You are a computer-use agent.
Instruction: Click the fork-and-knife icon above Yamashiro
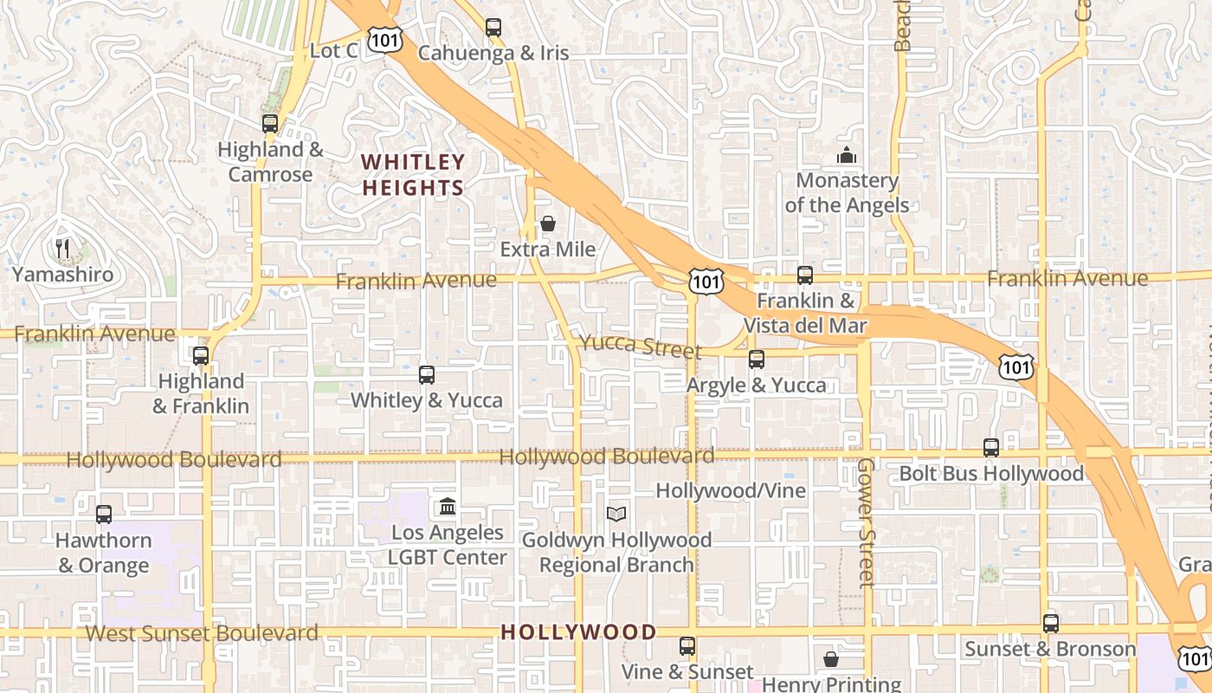point(61,249)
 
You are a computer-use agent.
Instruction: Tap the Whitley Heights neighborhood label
point(413,175)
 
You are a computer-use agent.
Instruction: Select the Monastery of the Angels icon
point(846,156)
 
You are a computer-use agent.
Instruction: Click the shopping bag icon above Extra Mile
point(547,224)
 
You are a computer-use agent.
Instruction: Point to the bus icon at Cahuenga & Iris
point(493,28)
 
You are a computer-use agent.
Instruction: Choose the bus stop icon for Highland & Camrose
point(270,124)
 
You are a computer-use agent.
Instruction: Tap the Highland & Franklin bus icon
point(201,356)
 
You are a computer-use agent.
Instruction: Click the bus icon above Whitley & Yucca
point(426,375)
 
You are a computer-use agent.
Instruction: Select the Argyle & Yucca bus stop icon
point(757,359)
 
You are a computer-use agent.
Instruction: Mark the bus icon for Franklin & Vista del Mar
point(805,275)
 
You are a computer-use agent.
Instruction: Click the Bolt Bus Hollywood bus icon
point(991,448)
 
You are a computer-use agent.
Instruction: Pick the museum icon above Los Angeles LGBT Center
point(448,507)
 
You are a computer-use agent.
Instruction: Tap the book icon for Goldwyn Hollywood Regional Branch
point(616,515)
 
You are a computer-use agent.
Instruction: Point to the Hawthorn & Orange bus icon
point(104,515)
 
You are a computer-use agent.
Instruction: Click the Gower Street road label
point(867,522)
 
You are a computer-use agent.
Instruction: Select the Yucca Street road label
point(640,346)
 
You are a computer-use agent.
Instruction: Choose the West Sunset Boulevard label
point(202,633)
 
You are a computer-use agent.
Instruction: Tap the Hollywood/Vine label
point(730,491)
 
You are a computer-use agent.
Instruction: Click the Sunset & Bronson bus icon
point(1050,624)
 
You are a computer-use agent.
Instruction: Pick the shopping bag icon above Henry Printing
point(831,660)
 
